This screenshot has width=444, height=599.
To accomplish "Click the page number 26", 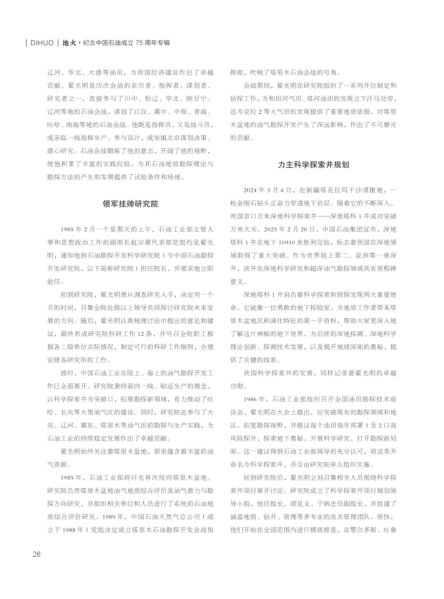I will coord(36,554).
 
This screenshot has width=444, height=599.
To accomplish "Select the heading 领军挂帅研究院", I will coord(131,203).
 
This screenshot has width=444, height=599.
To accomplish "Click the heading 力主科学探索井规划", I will coord(313,165).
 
